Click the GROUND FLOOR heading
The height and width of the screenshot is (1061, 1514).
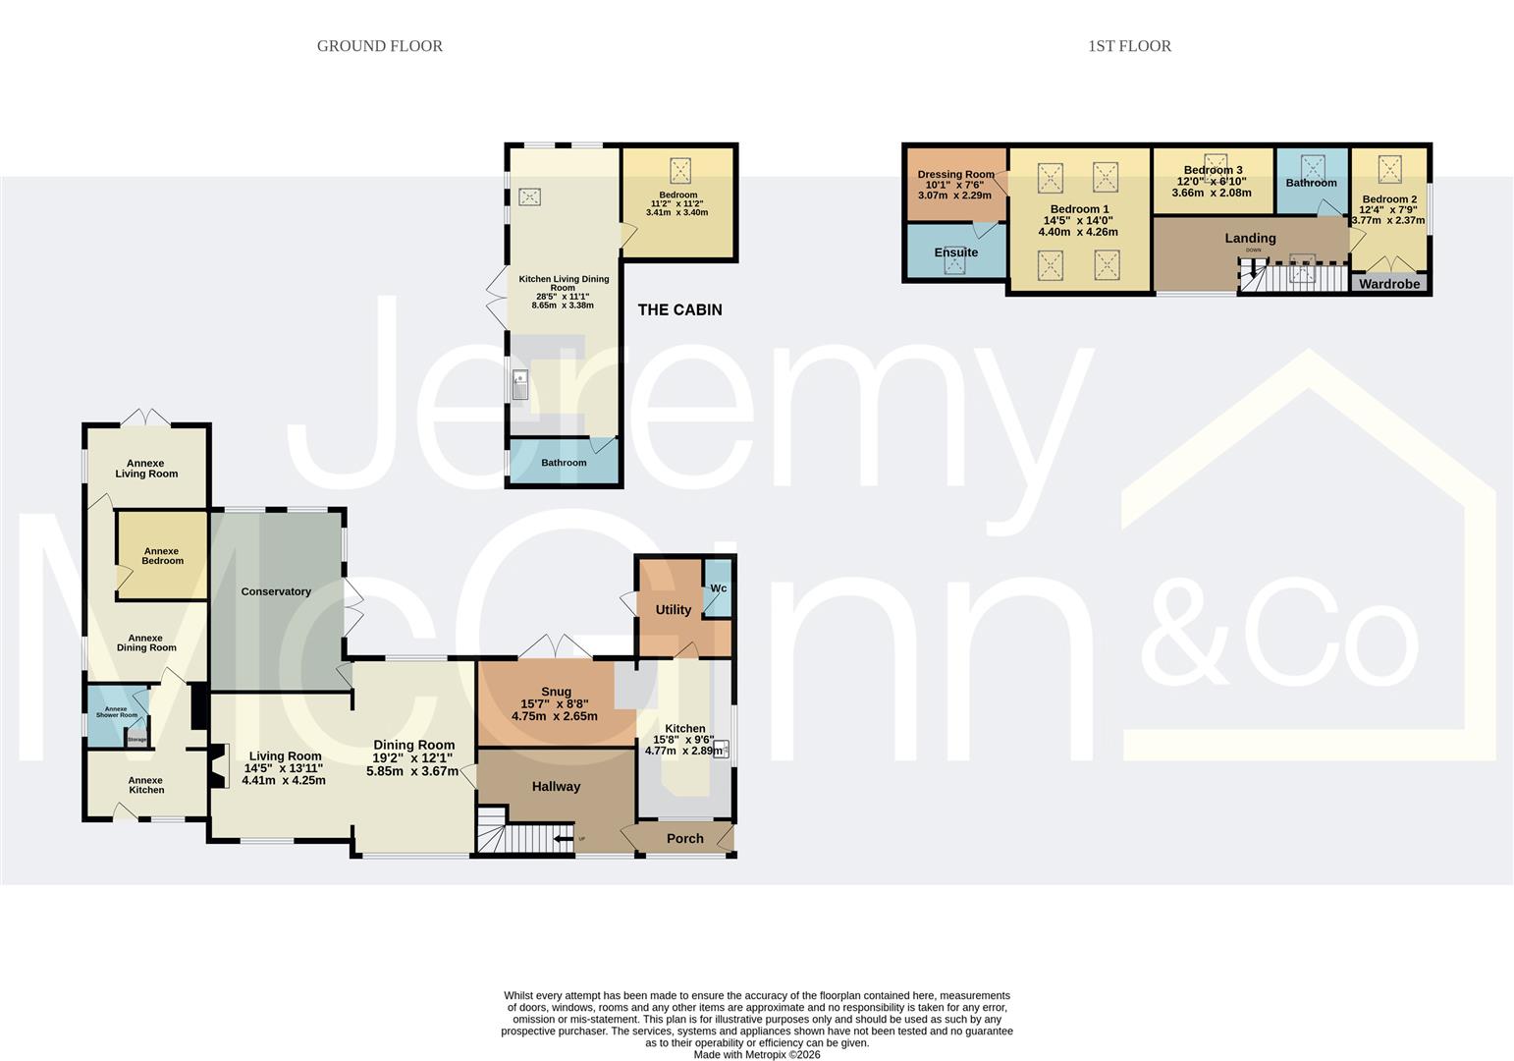(x=380, y=46)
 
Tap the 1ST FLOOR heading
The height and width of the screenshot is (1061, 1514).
(x=1129, y=46)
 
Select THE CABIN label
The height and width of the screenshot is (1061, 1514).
(x=680, y=309)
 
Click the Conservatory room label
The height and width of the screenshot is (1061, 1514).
(x=276, y=591)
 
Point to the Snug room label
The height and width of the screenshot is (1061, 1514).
(x=557, y=691)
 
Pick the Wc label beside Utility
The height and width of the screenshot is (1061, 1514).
(x=719, y=588)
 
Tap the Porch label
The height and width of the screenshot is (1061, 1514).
(x=684, y=839)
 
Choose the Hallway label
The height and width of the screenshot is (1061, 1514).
(x=557, y=787)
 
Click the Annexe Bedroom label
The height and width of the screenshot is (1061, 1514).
(x=163, y=556)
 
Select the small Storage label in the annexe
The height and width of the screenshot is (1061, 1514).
(x=137, y=740)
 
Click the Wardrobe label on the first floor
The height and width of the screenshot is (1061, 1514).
(x=1389, y=284)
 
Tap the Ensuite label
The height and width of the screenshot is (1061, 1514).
(x=955, y=252)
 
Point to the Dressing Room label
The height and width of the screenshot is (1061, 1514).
(x=955, y=175)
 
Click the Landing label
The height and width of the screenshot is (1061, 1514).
(x=1251, y=238)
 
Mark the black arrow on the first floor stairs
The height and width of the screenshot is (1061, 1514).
(x=1254, y=269)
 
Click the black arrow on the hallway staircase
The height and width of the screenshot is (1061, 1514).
(x=563, y=839)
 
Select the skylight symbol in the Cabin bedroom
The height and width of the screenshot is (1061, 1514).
(x=680, y=170)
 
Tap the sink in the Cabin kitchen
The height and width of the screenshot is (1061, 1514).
(x=519, y=385)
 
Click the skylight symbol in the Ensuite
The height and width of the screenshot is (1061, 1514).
(x=954, y=265)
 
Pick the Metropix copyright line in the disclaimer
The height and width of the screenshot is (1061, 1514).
(x=757, y=1054)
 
